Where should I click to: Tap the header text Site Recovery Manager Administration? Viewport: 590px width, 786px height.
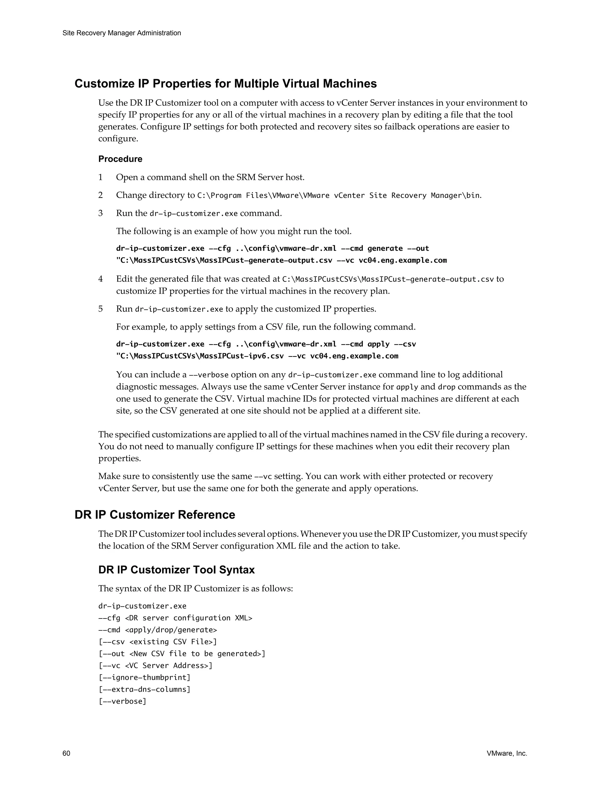[122, 33]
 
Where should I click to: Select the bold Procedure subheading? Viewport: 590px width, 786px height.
[120, 159]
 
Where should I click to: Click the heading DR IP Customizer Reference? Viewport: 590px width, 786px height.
[155, 515]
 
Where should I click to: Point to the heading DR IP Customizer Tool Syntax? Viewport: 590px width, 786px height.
[176, 570]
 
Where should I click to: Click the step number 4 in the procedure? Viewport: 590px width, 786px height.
[101, 279]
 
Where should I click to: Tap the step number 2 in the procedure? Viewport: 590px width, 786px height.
[101, 195]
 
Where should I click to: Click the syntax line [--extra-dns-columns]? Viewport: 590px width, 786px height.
[144, 689]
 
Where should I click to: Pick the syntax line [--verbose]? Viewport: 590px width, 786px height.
[122, 701]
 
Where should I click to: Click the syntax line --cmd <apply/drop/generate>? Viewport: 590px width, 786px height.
[158, 630]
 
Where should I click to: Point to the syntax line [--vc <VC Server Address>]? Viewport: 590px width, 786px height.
[155, 665]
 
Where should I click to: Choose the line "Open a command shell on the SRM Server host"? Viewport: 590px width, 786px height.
[210, 177]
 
